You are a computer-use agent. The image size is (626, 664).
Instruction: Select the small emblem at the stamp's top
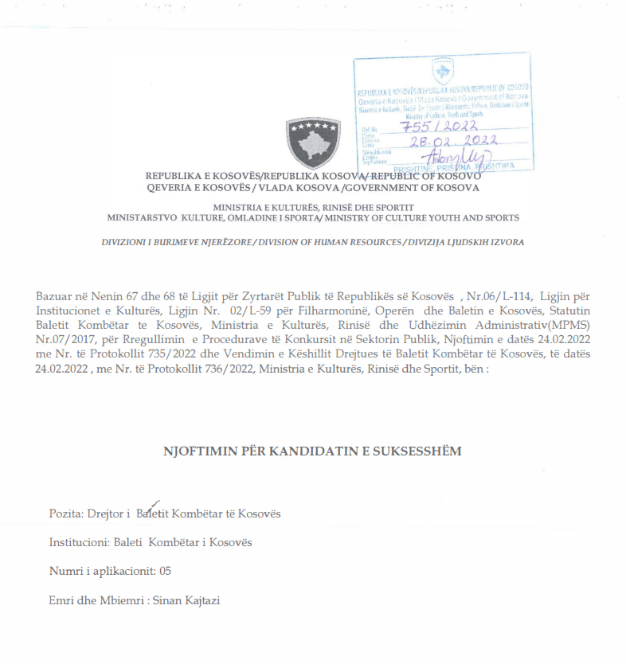click(442, 72)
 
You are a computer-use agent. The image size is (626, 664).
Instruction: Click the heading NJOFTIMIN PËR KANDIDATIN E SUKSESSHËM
click(312, 451)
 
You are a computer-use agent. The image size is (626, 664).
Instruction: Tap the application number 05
click(165, 571)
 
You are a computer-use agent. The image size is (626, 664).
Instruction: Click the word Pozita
click(64, 514)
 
